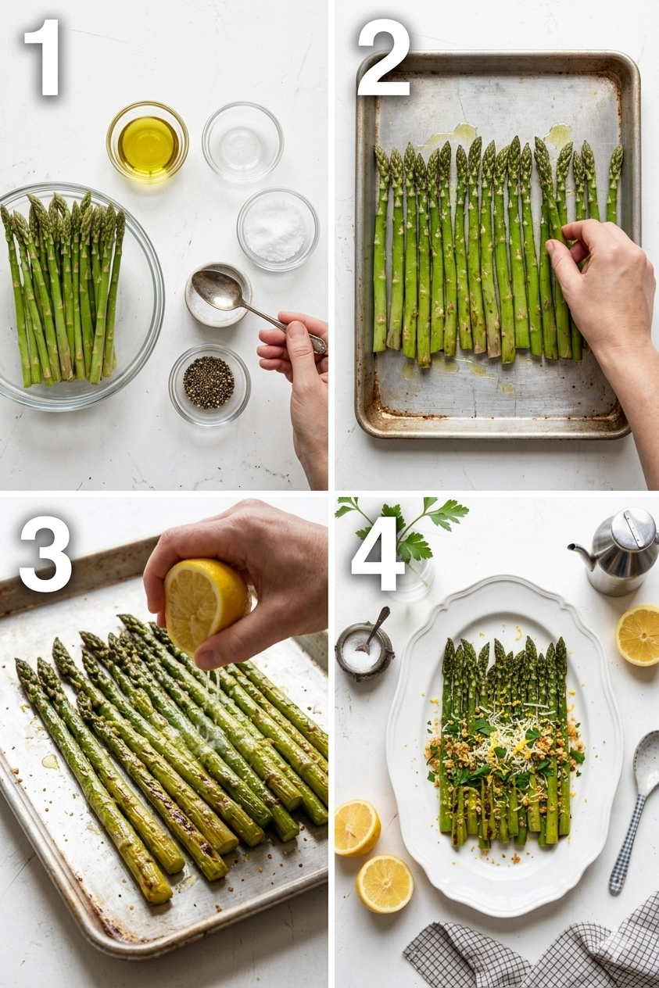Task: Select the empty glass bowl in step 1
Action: pos(242,141)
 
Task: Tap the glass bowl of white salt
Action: pos(278,229)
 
